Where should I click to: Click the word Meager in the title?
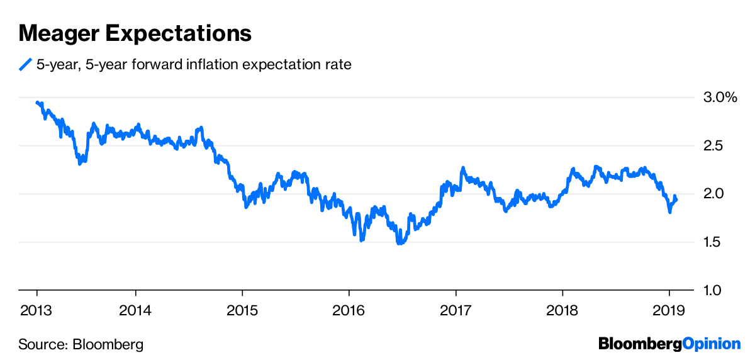pos(56,33)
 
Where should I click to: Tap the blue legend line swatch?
pos(25,64)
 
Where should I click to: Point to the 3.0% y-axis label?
pos(719,98)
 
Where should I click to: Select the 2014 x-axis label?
pos(136,310)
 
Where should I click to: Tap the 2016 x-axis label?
pos(349,310)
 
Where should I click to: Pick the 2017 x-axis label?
pos(456,310)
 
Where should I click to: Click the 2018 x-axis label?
pos(562,310)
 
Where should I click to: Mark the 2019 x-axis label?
pos(668,310)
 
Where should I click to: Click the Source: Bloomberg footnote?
pos(81,344)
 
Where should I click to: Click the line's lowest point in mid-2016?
pos(399,243)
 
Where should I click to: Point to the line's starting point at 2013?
pos(37,103)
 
